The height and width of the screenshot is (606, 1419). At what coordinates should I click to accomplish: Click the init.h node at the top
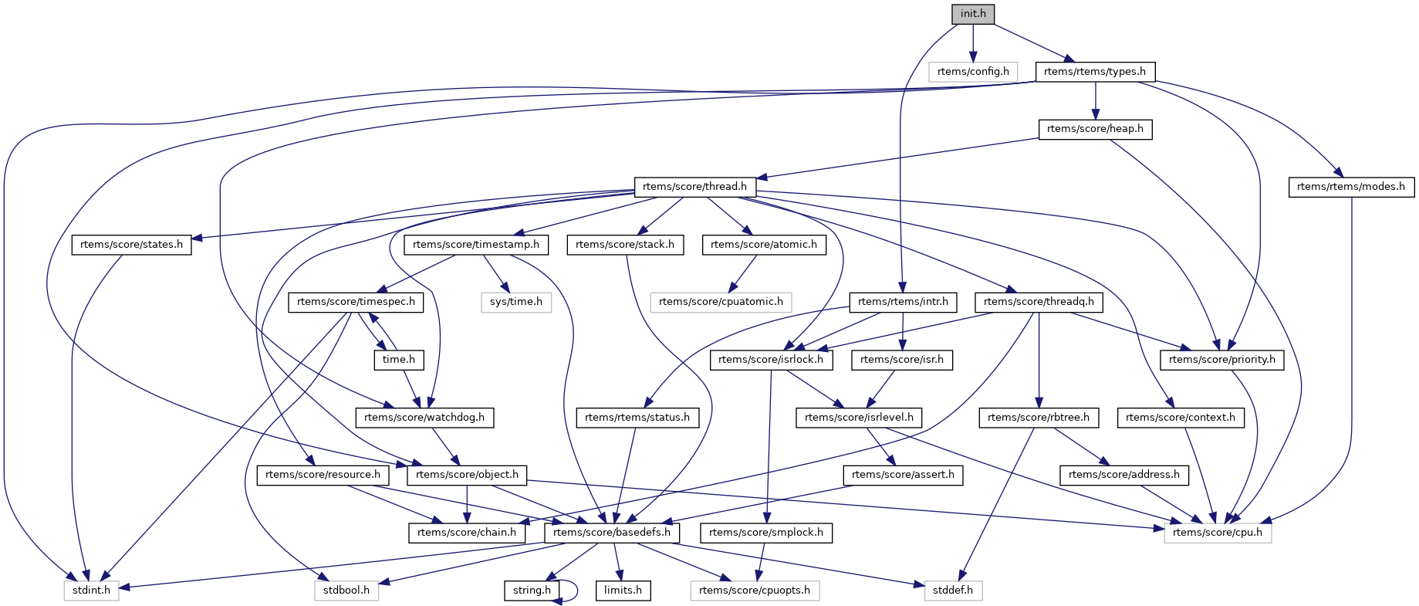pyautogui.click(x=973, y=14)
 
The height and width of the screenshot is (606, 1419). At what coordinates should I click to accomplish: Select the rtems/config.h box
pyautogui.click(x=973, y=72)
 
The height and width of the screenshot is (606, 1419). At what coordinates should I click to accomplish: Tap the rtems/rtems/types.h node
pyautogui.click(x=1095, y=72)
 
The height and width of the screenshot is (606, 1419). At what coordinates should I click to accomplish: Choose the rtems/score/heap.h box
pyautogui.click(x=1095, y=129)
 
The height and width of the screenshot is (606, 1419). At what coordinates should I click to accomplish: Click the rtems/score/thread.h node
pyautogui.click(x=694, y=187)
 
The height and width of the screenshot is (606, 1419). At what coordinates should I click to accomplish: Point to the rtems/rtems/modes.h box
pyautogui.click(x=1351, y=187)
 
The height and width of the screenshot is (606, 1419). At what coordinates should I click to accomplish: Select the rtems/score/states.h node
pyautogui.click(x=132, y=245)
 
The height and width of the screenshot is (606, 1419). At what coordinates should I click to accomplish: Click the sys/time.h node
pyautogui.click(x=516, y=302)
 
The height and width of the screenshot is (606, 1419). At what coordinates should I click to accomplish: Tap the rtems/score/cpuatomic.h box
pyautogui.click(x=721, y=302)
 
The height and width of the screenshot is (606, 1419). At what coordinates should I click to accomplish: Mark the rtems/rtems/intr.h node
pyautogui.click(x=903, y=302)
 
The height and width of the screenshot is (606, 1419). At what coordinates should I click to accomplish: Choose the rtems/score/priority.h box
pyautogui.click(x=1222, y=360)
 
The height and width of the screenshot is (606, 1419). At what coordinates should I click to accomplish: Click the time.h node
pyautogui.click(x=399, y=360)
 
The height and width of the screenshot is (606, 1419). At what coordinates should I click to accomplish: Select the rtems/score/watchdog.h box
pyautogui.click(x=424, y=418)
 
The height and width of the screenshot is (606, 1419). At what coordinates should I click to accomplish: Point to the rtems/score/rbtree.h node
pyautogui.click(x=1039, y=418)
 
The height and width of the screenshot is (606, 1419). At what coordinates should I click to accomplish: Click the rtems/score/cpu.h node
pyautogui.click(x=1218, y=533)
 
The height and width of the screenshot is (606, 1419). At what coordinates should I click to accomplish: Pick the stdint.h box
pyautogui.click(x=91, y=591)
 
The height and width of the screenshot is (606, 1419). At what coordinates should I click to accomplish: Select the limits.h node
pyautogui.click(x=623, y=591)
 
